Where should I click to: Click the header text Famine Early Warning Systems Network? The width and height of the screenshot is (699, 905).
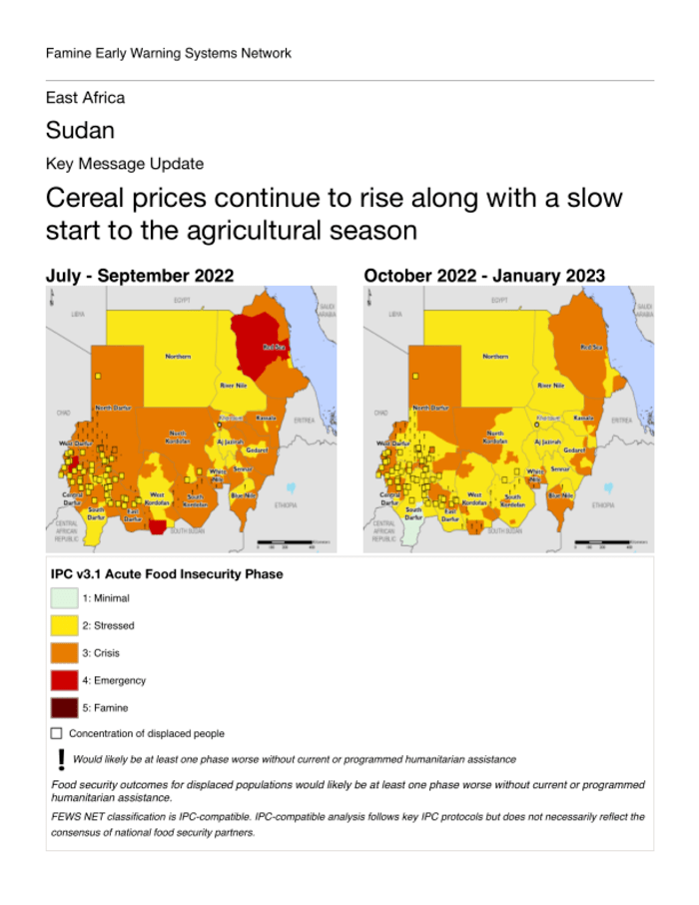pos(169,53)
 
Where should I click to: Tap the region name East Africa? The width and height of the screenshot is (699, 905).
pos(85,98)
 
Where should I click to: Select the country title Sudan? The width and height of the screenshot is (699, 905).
pos(80,131)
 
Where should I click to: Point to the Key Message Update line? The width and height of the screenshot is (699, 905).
pos(125,164)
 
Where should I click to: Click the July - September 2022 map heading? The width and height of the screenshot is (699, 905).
pos(140,275)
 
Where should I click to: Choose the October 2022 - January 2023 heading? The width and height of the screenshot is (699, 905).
pos(484,275)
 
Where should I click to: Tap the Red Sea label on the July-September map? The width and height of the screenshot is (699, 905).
pos(274,347)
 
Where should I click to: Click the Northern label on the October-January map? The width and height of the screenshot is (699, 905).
pos(495,356)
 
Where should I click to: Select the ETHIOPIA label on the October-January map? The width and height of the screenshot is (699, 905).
pos(602,505)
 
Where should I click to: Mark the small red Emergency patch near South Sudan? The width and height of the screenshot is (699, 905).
pos(156,526)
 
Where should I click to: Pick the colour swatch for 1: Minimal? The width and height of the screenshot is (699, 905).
pos(63,598)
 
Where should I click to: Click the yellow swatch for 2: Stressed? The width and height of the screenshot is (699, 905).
pos(63,625)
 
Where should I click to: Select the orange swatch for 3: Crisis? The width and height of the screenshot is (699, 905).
pos(63,653)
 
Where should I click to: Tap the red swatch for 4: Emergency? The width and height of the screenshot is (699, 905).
pos(63,680)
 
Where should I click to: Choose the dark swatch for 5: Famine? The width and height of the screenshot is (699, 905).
pos(63,708)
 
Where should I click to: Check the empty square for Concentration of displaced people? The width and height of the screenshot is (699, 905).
pos(56,734)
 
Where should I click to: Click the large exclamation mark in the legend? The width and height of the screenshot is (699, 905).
pos(61,759)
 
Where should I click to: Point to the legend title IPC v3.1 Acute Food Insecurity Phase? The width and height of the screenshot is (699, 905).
pos(167,574)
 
